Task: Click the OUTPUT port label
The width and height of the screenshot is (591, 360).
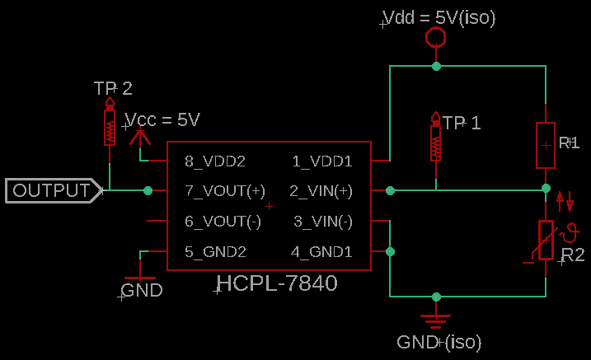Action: click(51, 191)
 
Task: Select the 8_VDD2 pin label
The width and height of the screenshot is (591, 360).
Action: click(215, 161)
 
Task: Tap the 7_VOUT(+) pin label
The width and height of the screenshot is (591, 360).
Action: click(225, 191)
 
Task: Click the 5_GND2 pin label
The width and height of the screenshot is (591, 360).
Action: click(215, 252)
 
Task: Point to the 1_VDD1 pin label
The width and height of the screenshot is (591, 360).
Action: click(322, 161)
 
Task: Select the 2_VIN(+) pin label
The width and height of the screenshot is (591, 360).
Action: click(321, 191)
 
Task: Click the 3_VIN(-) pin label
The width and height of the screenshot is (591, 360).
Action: click(323, 222)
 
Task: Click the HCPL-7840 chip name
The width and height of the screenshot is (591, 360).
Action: click(277, 284)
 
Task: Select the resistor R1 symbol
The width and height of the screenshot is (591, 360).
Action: click(545, 144)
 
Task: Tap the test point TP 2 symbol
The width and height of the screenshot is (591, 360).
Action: click(110, 124)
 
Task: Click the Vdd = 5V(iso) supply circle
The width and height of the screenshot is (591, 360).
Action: click(435, 38)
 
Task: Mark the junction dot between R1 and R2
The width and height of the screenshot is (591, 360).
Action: click(545, 189)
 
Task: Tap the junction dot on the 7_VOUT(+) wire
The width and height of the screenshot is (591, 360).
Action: click(148, 191)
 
